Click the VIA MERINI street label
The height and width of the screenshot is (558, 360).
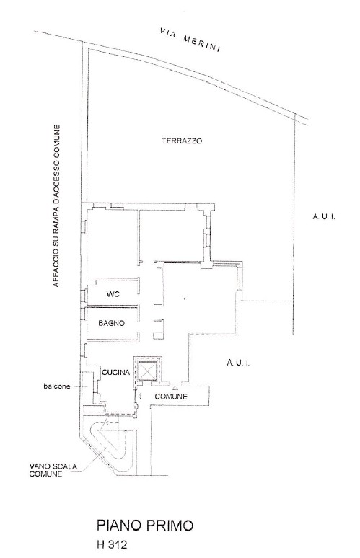(190, 38)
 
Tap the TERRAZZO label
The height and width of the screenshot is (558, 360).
(182, 141)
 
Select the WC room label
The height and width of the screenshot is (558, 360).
(113, 294)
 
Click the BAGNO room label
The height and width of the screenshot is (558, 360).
(111, 323)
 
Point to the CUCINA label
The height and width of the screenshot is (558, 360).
(115, 373)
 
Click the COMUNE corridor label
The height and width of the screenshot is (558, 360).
(171, 397)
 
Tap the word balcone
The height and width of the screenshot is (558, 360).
(57, 386)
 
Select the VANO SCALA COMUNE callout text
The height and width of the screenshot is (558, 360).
(53, 470)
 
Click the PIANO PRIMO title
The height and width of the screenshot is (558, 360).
(145, 526)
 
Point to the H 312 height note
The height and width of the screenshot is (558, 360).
(111, 545)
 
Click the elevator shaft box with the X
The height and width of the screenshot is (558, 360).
(147, 371)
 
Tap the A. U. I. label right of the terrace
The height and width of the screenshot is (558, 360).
(324, 217)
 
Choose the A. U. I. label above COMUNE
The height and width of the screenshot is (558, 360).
(238, 363)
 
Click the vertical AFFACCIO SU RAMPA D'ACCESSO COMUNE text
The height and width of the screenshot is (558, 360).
(56, 206)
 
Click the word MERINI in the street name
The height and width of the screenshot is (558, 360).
(201, 43)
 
